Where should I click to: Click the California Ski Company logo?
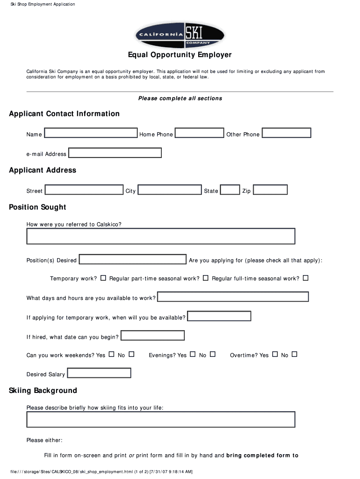[180, 34]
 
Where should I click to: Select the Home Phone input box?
[200, 133]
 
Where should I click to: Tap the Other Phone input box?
[286, 133]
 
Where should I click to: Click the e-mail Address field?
[115, 153]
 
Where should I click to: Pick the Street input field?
[84, 190]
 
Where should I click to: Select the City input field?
[170, 190]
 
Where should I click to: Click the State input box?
[230, 190]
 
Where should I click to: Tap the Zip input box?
[270, 190]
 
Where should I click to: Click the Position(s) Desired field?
[133, 259]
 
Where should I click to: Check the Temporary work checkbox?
[103, 278]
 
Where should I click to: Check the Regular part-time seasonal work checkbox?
[205, 278]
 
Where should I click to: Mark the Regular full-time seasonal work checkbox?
[306, 278]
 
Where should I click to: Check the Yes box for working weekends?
[111, 355]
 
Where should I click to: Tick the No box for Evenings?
[213, 355]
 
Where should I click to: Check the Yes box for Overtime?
[275, 355]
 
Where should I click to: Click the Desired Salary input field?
[99, 373]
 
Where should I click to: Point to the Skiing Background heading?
[43, 391]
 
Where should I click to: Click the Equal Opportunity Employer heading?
[180, 55]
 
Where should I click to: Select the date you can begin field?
[152, 336]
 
